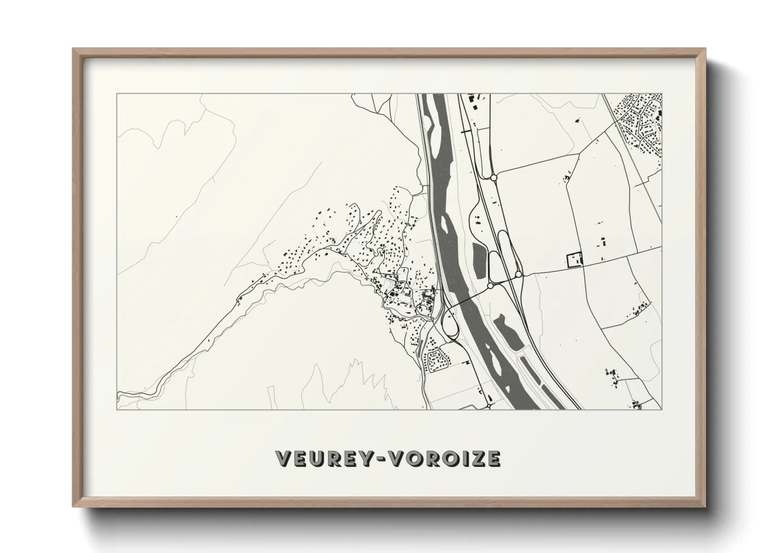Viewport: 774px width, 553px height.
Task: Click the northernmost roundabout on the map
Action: (493, 178)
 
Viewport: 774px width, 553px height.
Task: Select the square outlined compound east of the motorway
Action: (574, 259)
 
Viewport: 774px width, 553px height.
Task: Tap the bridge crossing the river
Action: (464, 300)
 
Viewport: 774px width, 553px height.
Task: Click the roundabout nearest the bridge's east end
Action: (490, 286)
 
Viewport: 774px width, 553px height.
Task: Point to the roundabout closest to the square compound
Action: (518, 274)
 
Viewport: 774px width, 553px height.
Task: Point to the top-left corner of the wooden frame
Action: (74, 49)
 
